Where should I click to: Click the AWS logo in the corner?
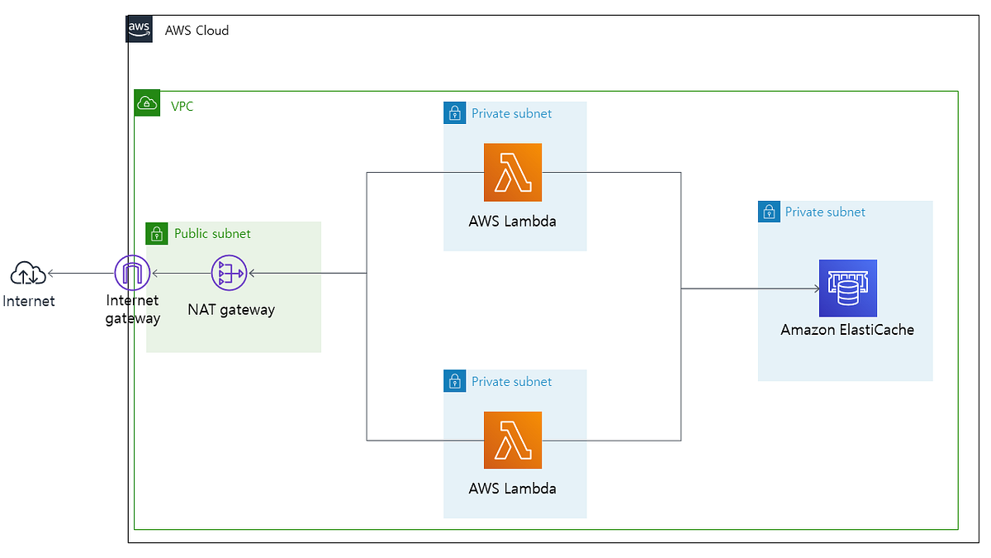tap(140, 29)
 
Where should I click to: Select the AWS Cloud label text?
tap(197, 31)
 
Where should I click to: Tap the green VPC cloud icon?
tap(147, 103)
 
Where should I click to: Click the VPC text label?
tap(182, 106)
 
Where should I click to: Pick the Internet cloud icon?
tap(28, 273)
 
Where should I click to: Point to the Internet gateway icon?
tap(131, 274)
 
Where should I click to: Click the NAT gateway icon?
tap(229, 274)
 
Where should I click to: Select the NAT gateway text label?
tap(231, 310)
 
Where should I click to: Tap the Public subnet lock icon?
tap(157, 233)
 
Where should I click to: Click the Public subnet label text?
tap(212, 234)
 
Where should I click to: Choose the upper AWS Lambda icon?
tap(513, 172)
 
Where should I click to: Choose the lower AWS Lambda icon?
tap(513, 440)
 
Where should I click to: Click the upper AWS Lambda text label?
tap(512, 221)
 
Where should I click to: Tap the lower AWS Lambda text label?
tap(512, 488)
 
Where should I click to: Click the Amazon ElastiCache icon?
tap(847, 289)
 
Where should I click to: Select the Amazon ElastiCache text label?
tap(847, 330)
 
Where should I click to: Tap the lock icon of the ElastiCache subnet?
tap(769, 212)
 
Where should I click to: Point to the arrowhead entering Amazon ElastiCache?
tap(815, 289)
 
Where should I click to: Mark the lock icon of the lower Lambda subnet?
tap(454, 381)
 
